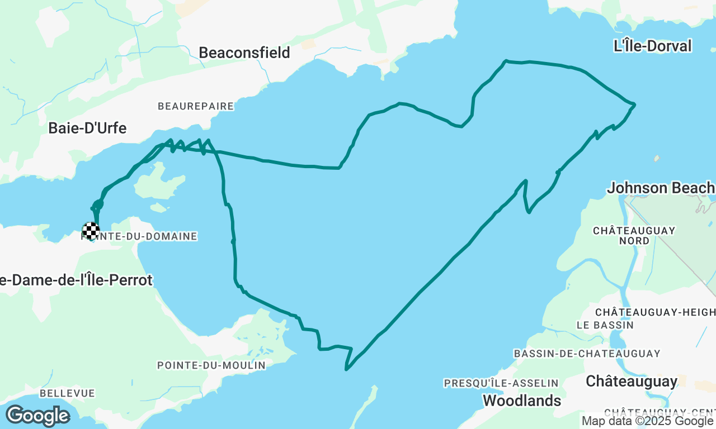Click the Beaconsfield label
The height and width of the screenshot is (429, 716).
[x=244, y=53]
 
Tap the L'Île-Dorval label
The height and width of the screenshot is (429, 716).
[x=653, y=46]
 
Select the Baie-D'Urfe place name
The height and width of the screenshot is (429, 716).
[x=87, y=128]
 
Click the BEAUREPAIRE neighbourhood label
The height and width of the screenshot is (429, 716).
[x=195, y=106]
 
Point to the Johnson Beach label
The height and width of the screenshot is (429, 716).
[x=661, y=188]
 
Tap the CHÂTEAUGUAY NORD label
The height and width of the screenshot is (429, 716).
[x=634, y=235]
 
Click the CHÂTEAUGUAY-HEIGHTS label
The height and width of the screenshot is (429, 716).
[x=655, y=312]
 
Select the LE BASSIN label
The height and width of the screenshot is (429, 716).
[x=605, y=325]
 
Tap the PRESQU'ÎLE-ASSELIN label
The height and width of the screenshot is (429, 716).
[x=501, y=383]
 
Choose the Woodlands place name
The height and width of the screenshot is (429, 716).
[x=522, y=401]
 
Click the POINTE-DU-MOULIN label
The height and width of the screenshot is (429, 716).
[x=211, y=365]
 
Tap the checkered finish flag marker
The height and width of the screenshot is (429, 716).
[x=91, y=230]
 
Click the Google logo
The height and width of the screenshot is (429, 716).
[x=37, y=416]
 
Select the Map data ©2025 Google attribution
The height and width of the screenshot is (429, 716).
[x=648, y=421]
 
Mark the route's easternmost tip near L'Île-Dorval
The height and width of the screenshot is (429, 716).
[x=634, y=104]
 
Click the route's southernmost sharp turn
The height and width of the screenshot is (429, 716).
[x=347, y=369]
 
